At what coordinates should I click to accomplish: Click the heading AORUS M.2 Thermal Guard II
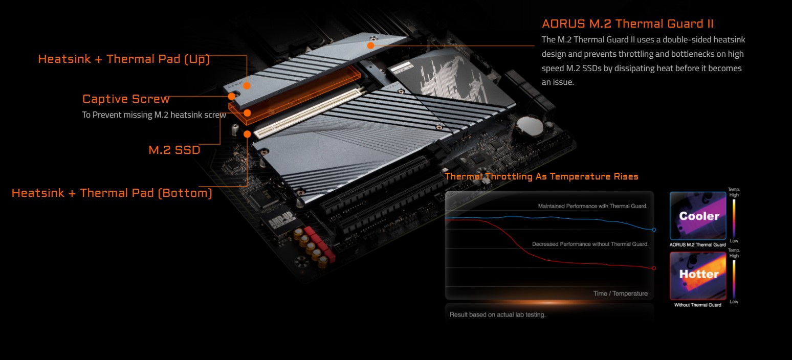tap(627, 24)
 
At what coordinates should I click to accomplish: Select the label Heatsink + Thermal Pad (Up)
tap(124, 59)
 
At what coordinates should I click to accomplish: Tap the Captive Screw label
tap(126, 99)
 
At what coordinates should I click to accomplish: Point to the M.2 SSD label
tap(174, 150)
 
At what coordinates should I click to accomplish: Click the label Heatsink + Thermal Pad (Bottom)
tap(112, 193)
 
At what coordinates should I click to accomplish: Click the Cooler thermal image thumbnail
tap(698, 216)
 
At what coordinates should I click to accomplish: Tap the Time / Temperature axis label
tap(620, 294)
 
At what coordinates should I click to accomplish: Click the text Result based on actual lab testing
tap(497, 314)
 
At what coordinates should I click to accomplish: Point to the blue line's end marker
tap(654, 230)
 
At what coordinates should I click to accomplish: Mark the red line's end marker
tap(654, 268)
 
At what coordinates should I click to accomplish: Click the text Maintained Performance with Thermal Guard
tap(592, 206)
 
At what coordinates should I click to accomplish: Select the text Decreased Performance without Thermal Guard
tap(590, 244)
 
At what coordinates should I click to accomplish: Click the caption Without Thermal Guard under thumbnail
tap(698, 305)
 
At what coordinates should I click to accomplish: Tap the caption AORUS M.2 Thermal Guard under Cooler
tap(698, 245)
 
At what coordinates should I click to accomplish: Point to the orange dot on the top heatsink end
tap(370, 45)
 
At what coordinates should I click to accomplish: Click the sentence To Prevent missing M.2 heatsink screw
tap(154, 115)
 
